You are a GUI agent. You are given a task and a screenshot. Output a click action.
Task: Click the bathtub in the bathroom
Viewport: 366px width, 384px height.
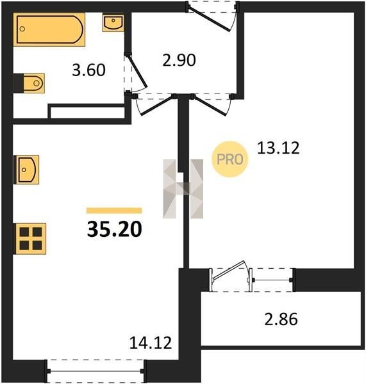pos(49,29)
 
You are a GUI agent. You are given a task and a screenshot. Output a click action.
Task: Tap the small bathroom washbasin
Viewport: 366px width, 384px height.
pos(113,23)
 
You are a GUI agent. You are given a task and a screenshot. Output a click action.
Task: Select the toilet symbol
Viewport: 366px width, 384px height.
pos(34,83)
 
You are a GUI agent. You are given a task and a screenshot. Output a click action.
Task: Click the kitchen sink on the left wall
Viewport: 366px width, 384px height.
pos(26,170)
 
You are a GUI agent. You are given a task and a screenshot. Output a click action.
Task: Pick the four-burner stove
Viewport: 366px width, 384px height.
pos(30,239)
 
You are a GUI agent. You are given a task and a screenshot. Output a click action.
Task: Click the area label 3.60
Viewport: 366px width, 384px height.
pos(89,70)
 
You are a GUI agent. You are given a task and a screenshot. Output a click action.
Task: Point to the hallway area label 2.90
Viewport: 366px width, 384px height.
pos(179,60)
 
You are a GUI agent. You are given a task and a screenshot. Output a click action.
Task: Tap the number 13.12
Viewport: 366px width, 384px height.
pos(278,148)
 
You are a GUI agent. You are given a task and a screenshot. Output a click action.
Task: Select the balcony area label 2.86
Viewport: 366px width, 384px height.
pos(281,319)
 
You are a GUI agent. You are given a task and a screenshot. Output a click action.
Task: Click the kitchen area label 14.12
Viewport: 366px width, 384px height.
pos(151,342)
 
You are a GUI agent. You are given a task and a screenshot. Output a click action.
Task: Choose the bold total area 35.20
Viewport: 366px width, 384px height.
pos(115,229)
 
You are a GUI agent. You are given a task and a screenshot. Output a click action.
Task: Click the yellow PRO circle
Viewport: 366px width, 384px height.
pos(230,159)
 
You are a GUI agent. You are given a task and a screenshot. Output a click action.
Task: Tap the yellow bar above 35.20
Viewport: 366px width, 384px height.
pos(114,211)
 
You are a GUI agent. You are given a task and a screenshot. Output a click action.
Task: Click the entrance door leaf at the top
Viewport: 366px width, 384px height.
pos(209,19)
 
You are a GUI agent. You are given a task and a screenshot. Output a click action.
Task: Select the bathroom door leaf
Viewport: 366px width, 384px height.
pos(138,72)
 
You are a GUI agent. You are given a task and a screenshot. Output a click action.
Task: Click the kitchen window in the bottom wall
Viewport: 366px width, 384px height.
pos(95,371)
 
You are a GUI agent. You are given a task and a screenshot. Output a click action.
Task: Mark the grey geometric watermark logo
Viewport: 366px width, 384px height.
pos(183,189)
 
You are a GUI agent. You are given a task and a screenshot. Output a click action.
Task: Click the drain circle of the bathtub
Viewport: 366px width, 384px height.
pos(22,29)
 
